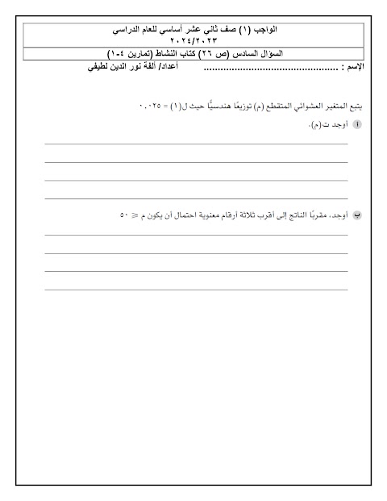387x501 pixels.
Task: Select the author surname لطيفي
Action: (98, 69)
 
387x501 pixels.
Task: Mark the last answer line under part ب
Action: (196, 289)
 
